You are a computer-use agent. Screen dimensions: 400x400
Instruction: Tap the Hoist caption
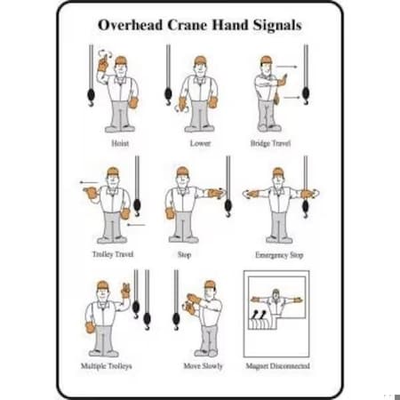pyautogui.click(x=120, y=141)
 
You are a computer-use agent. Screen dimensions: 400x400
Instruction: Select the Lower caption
pyautogui.click(x=200, y=141)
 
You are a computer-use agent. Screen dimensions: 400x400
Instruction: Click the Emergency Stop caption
pyautogui.click(x=278, y=253)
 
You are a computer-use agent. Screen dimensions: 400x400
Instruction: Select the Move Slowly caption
pyautogui.click(x=203, y=366)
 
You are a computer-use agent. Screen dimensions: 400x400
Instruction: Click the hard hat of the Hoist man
pyautogui.click(x=121, y=60)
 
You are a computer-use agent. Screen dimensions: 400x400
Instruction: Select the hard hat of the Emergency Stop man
pyautogui.click(x=278, y=171)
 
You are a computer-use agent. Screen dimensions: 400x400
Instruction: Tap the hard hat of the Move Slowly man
pyautogui.click(x=210, y=284)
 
